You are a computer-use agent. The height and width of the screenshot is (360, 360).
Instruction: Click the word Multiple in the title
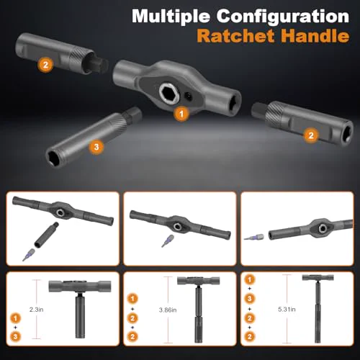click(171, 17)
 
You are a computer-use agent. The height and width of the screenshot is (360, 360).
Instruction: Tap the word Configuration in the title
click(283, 17)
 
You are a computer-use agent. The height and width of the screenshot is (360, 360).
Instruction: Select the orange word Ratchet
click(235, 36)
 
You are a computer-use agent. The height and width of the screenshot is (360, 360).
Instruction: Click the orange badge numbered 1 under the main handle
click(181, 114)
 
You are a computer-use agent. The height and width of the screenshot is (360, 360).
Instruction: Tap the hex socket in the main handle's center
click(168, 93)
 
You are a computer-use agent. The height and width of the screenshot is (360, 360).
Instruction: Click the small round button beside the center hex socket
click(189, 96)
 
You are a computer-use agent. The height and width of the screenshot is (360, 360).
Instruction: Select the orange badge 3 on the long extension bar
click(96, 147)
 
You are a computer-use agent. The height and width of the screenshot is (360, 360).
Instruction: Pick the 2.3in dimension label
click(37, 310)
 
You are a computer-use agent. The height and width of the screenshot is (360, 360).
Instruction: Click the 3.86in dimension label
click(168, 310)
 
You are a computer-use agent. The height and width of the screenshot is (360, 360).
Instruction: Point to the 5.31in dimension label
click(287, 309)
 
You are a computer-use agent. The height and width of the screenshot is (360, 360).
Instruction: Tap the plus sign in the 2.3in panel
click(15, 328)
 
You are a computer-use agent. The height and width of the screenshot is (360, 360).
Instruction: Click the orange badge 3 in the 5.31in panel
click(250, 299)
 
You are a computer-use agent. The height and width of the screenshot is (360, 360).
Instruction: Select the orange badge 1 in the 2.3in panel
click(15, 318)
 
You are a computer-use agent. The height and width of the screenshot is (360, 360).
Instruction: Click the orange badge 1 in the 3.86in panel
click(132, 299)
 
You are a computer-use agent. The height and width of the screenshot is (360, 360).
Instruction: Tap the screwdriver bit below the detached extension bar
click(29, 255)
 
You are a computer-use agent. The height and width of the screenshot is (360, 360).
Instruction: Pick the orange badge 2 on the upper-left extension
click(45, 65)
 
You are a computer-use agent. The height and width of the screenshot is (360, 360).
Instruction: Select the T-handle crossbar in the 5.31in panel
click(318, 278)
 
